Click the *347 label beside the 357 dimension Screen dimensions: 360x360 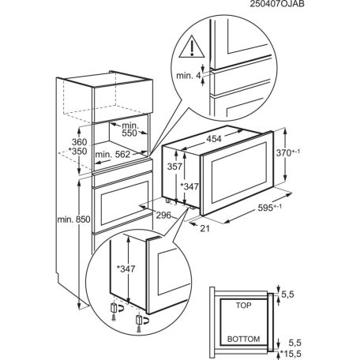189,186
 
